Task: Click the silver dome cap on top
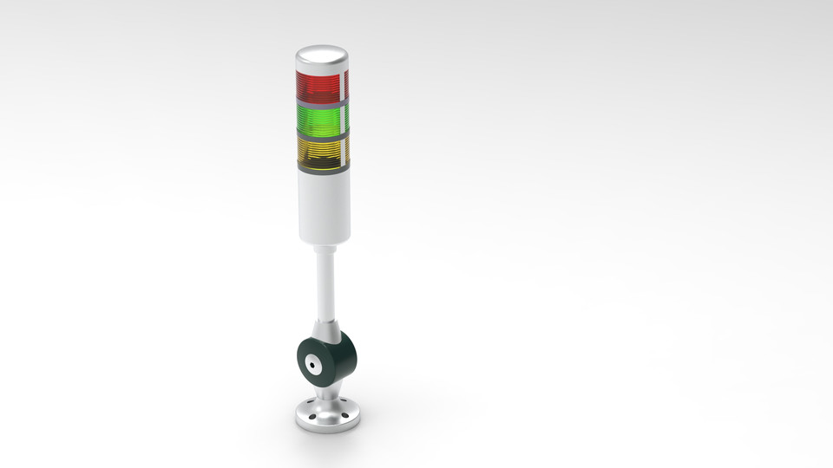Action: [322, 58]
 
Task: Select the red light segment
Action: [318, 86]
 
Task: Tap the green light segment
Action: [318, 120]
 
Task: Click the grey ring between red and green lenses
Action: [321, 102]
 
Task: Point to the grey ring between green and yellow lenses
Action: [321, 135]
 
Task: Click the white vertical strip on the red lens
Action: [347, 85]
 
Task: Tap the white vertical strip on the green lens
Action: [347, 118]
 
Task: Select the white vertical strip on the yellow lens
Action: [347, 151]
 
